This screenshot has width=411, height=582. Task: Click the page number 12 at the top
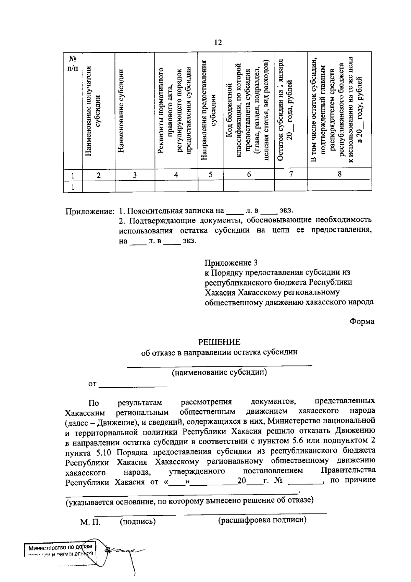coord(218,42)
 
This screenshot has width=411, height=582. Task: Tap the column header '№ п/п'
coord(72,63)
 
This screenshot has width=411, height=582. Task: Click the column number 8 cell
coord(339,174)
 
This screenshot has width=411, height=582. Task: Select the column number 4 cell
coord(176,175)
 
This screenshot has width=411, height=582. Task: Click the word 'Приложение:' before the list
coord(89,211)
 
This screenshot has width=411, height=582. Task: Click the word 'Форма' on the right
coord(362,322)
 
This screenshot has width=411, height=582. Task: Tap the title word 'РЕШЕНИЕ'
coord(220,342)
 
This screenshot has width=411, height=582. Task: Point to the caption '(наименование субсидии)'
coord(220,372)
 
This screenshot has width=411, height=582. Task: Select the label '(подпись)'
coord(138,522)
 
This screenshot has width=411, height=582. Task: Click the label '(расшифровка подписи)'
coord(262,520)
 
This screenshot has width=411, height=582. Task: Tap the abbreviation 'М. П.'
coord(90,522)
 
